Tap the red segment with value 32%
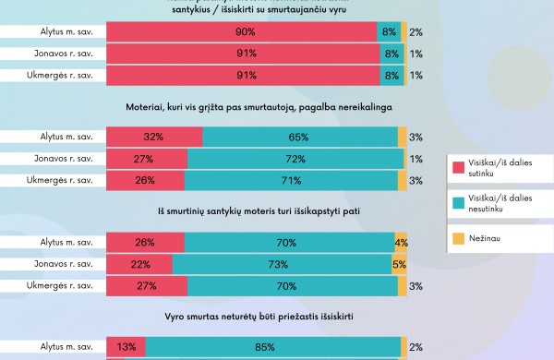point(154,137)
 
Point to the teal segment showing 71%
point(291,180)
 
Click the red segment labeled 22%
point(139,264)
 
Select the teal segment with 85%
point(271,347)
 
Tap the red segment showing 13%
point(126,347)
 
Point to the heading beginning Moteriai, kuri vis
point(258,107)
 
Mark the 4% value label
point(401,243)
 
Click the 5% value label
point(399,264)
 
